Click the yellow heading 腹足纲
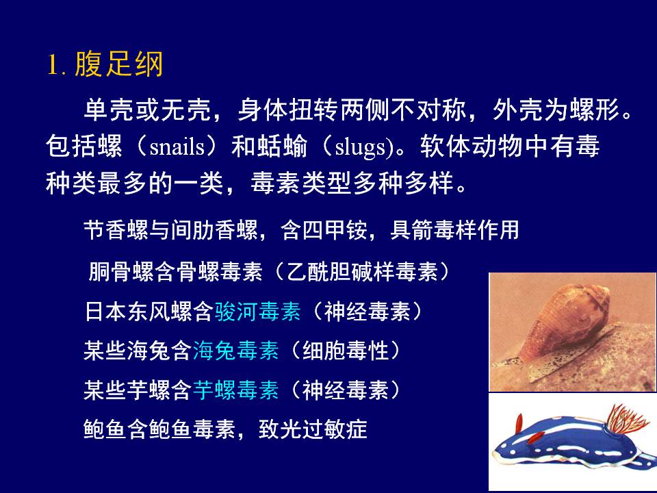(x=119, y=64)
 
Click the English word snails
(x=177, y=147)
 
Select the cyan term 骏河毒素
(x=258, y=312)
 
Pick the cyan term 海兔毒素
(x=236, y=351)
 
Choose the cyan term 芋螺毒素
(x=236, y=390)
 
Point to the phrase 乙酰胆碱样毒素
(x=363, y=272)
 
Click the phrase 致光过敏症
(x=313, y=429)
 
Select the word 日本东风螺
(x=138, y=312)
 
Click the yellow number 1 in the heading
(x=53, y=65)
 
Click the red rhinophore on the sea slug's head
(x=519, y=423)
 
